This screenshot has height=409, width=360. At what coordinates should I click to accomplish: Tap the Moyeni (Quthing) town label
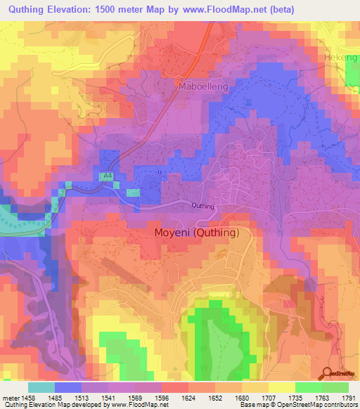pos(197,233)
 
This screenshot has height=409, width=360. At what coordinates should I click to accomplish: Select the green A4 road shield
pos(104,177)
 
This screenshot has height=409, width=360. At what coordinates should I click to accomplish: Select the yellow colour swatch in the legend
pos(281,387)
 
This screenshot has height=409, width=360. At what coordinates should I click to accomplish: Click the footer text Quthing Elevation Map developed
pos(42,405)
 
